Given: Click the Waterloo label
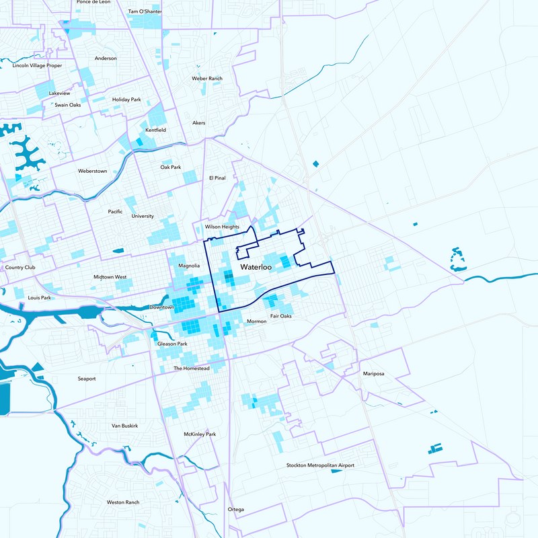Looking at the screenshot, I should (x=256, y=268).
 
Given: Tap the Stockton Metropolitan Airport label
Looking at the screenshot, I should (x=320, y=465).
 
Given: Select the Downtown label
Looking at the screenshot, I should (x=162, y=307).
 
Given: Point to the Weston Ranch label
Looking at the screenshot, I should (x=122, y=502).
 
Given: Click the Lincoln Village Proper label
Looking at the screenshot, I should (x=37, y=65).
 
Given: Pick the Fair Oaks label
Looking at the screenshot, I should (x=281, y=316).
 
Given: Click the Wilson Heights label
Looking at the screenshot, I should (x=222, y=227).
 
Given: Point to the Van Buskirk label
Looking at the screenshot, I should (x=124, y=426).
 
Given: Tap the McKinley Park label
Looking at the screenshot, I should (x=200, y=434).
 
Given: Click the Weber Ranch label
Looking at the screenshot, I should (x=207, y=79).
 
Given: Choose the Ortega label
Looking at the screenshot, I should (x=235, y=509).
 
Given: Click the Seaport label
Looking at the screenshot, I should (x=87, y=379).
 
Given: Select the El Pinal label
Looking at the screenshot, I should (x=217, y=178).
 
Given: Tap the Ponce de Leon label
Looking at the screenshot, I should (x=93, y=2).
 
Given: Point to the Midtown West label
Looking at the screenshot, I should (x=110, y=277).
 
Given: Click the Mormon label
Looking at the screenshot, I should (x=257, y=321).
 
